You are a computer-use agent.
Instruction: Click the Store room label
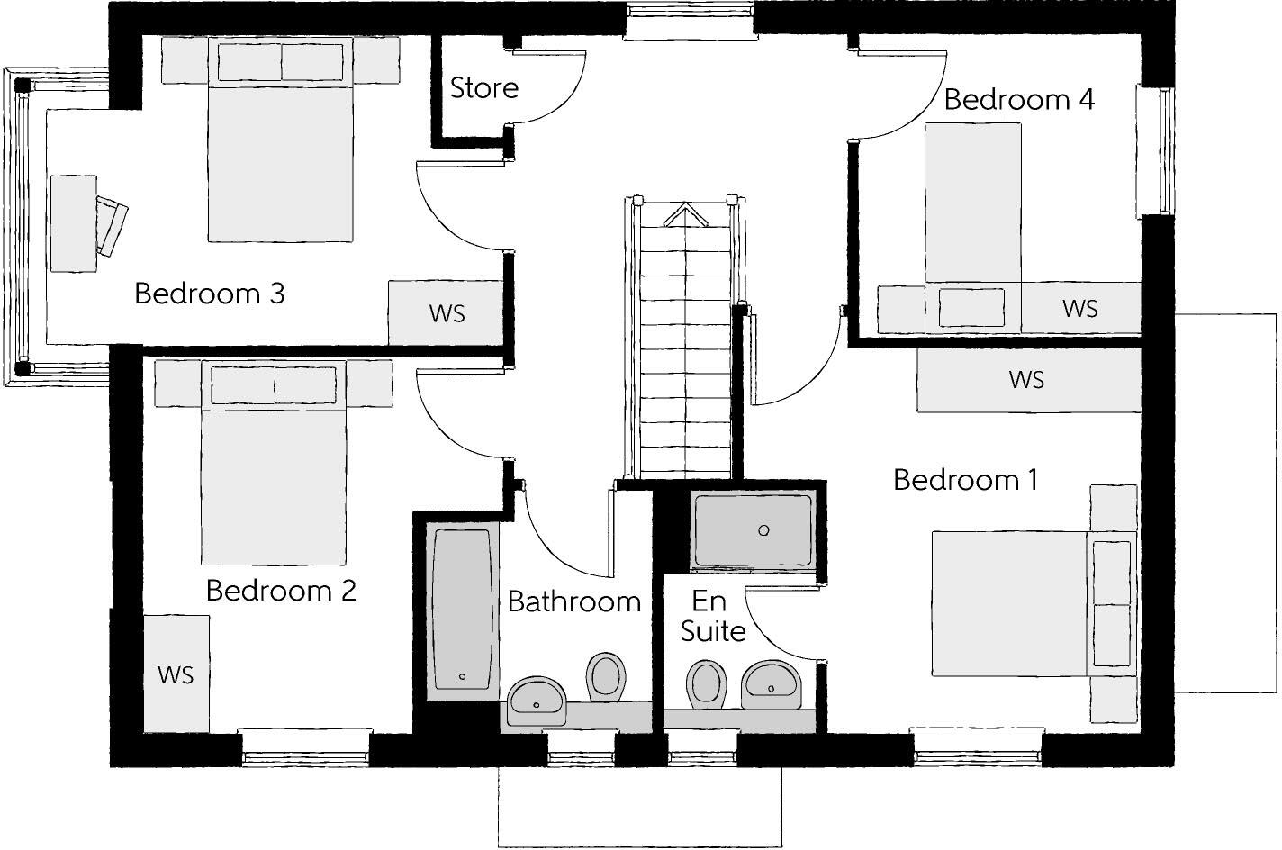click(x=484, y=88)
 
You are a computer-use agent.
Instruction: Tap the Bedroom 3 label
click(x=210, y=294)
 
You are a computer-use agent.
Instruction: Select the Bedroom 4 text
click(x=1019, y=100)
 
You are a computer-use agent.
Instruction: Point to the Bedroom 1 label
click(x=965, y=480)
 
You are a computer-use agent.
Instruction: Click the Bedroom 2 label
click(x=281, y=590)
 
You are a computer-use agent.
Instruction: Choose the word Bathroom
click(x=574, y=601)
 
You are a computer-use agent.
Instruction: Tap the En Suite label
click(x=712, y=616)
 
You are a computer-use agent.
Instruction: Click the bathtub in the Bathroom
click(x=461, y=609)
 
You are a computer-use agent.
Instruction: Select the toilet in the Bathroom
click(x=606, y=677)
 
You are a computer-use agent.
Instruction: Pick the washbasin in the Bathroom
click(x=537, y=701)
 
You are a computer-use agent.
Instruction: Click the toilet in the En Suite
click(x=706, y=684)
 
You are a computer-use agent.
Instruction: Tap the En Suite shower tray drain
click(x=763, y=530)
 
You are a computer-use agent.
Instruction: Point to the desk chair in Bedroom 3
click(x=112, y=225)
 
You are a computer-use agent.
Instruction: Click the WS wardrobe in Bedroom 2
click(x=176, y=674)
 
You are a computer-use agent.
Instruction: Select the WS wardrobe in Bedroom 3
click(x=446, y=312)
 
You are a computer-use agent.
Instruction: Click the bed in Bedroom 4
click(x=973, y=227)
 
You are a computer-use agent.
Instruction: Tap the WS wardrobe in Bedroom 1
click(x=1029, y=379)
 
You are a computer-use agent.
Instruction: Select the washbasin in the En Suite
click(x=771, y=685)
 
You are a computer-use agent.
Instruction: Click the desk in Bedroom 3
click(x=73, y=223)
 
